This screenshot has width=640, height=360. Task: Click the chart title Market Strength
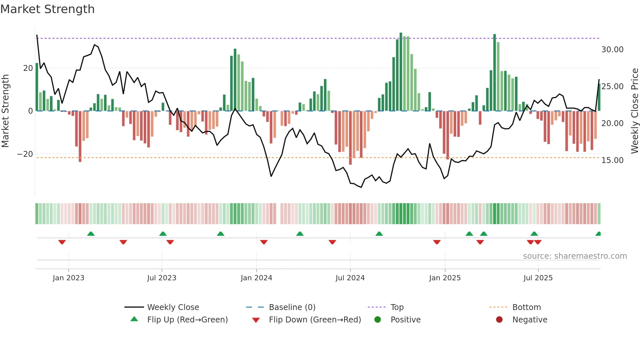coord(47,9)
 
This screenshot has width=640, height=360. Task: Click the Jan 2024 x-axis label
coord(256,278)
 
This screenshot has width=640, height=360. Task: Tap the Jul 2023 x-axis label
coord(162,278)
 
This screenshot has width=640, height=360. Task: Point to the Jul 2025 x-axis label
coord(538,278)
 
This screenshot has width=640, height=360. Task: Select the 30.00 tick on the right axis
coord(612,50)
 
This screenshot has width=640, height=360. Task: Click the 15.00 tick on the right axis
coord(612,160)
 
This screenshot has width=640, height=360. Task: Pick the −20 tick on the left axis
coord(25,154)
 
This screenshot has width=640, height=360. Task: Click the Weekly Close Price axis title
coord(634,111)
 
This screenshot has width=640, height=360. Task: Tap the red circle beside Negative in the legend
coord(499,319)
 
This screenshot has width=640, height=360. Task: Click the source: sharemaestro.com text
coord(575,256)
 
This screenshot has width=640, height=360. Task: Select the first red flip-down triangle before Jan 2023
coord(62,242)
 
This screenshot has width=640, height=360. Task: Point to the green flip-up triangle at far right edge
coord(598,234)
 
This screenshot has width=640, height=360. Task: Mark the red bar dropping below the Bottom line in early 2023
coord(80,137)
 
